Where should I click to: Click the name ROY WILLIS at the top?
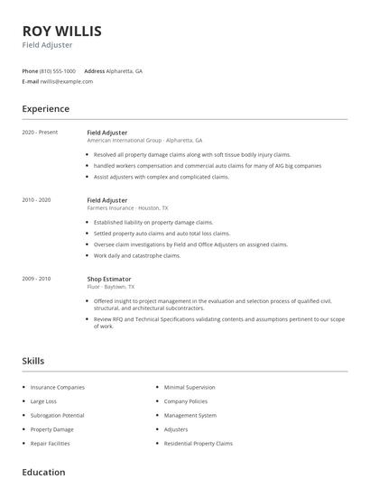coord(61,31)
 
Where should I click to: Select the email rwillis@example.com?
coord(66,81)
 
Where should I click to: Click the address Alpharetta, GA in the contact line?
coord(125,70)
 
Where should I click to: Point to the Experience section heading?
coord(45,109)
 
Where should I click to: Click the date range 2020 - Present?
coord(40,133)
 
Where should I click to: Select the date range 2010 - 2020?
coord(37,199)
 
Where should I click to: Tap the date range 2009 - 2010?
coord(37,279)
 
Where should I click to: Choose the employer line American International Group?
coord(144,141)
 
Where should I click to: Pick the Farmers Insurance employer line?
coord(127,207)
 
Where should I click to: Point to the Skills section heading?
coord(32,361)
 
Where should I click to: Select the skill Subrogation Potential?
coord(58,416)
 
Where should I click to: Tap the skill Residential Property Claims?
coord(199,444)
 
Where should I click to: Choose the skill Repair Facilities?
coord(51,444)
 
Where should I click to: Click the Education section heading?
coord(43,472)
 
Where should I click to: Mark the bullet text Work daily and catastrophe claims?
coord(137,255)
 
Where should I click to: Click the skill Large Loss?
coord(43,401)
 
